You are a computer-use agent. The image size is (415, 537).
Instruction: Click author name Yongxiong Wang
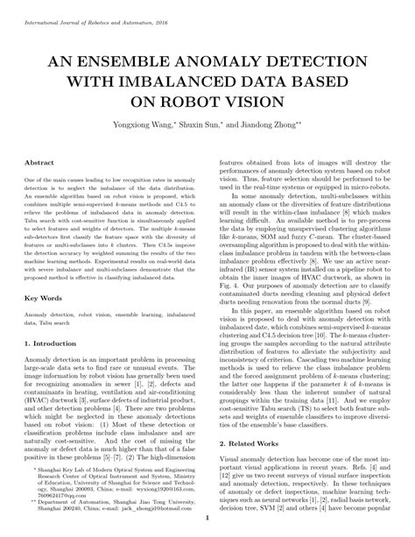pyautogui.click(x=144, y=125)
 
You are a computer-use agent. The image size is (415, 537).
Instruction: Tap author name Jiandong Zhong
pyautogui.click(x=271, y=125)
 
